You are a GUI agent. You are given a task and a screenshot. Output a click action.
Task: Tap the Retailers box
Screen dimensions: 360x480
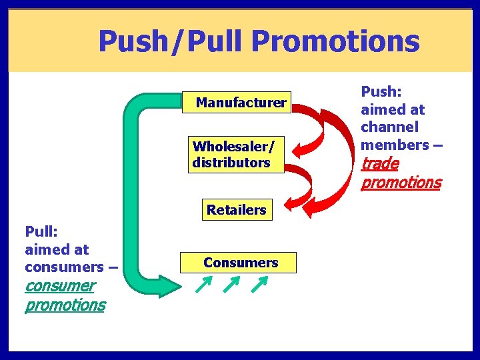236,210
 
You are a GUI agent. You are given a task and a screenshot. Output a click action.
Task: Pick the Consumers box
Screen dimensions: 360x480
241,263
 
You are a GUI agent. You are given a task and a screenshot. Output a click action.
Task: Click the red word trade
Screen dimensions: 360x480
380,163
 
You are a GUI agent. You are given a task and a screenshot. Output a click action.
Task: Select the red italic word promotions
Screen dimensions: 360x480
401,182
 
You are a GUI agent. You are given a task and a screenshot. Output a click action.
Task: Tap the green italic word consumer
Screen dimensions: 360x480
59,286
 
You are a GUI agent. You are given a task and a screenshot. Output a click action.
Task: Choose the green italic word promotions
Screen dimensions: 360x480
65,305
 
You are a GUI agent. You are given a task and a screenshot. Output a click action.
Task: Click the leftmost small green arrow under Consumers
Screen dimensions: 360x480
203,286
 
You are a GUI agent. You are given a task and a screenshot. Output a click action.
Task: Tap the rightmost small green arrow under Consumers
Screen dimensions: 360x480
259,286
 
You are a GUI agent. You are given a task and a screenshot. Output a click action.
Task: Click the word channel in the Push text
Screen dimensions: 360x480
389,127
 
